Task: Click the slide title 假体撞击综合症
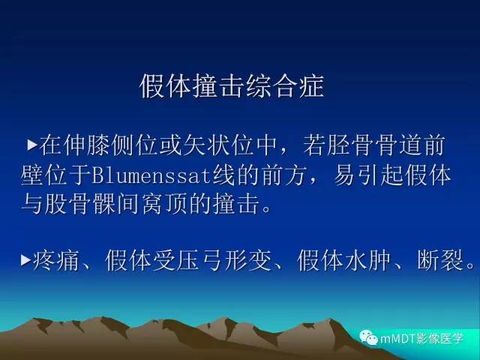(x=232, y=87)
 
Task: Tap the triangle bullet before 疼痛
(x=25, y=260)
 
